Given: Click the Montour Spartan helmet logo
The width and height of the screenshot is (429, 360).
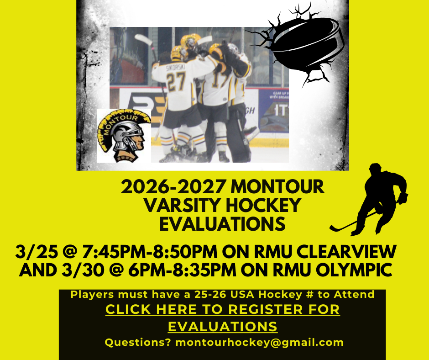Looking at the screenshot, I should [124, 136].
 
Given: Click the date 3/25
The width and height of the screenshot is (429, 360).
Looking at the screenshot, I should [33, 252].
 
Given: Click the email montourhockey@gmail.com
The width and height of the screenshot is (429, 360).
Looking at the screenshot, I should [259, 342].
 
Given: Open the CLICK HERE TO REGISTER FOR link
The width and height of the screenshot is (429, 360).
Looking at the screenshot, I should [223, 309].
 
